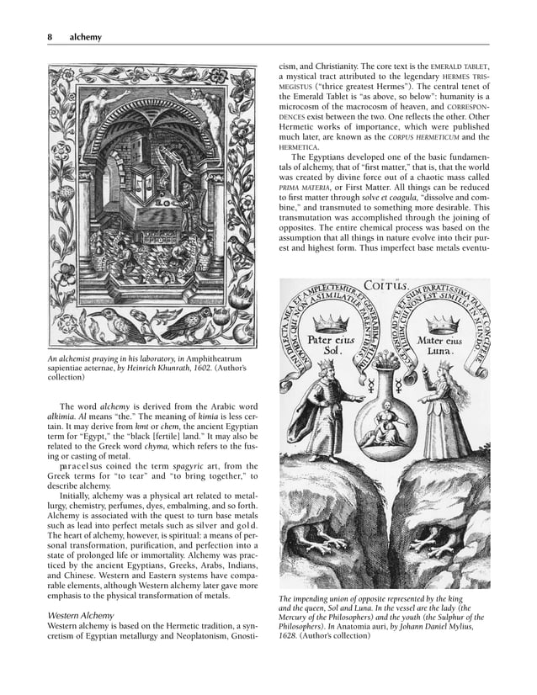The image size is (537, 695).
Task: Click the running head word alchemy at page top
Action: coord(85,37)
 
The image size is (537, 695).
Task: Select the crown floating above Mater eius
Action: coord(443,323)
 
